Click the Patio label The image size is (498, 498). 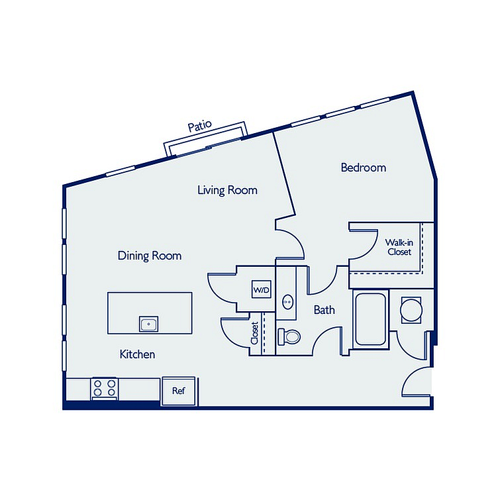[199, 126]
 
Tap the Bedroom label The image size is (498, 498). [364, 168]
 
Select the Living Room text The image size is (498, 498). [227, 190]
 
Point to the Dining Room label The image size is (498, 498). [150, 256]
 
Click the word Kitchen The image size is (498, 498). [137, 354]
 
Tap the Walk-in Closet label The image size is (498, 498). [399, 247]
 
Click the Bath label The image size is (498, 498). [324, 310]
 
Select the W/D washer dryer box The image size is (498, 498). [262, 289]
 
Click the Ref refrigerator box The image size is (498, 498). [179, 391]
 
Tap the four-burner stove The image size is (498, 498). [105, 388]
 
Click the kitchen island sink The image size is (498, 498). [148, 324]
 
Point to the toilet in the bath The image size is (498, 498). [289, 337]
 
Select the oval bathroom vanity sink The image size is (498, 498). [288, 302]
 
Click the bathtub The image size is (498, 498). [370, 319]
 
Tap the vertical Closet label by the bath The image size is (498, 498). [255, 333]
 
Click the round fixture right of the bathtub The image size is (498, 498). [411, 311]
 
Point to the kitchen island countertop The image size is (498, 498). [150, 313]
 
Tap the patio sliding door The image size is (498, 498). [208, 147]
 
